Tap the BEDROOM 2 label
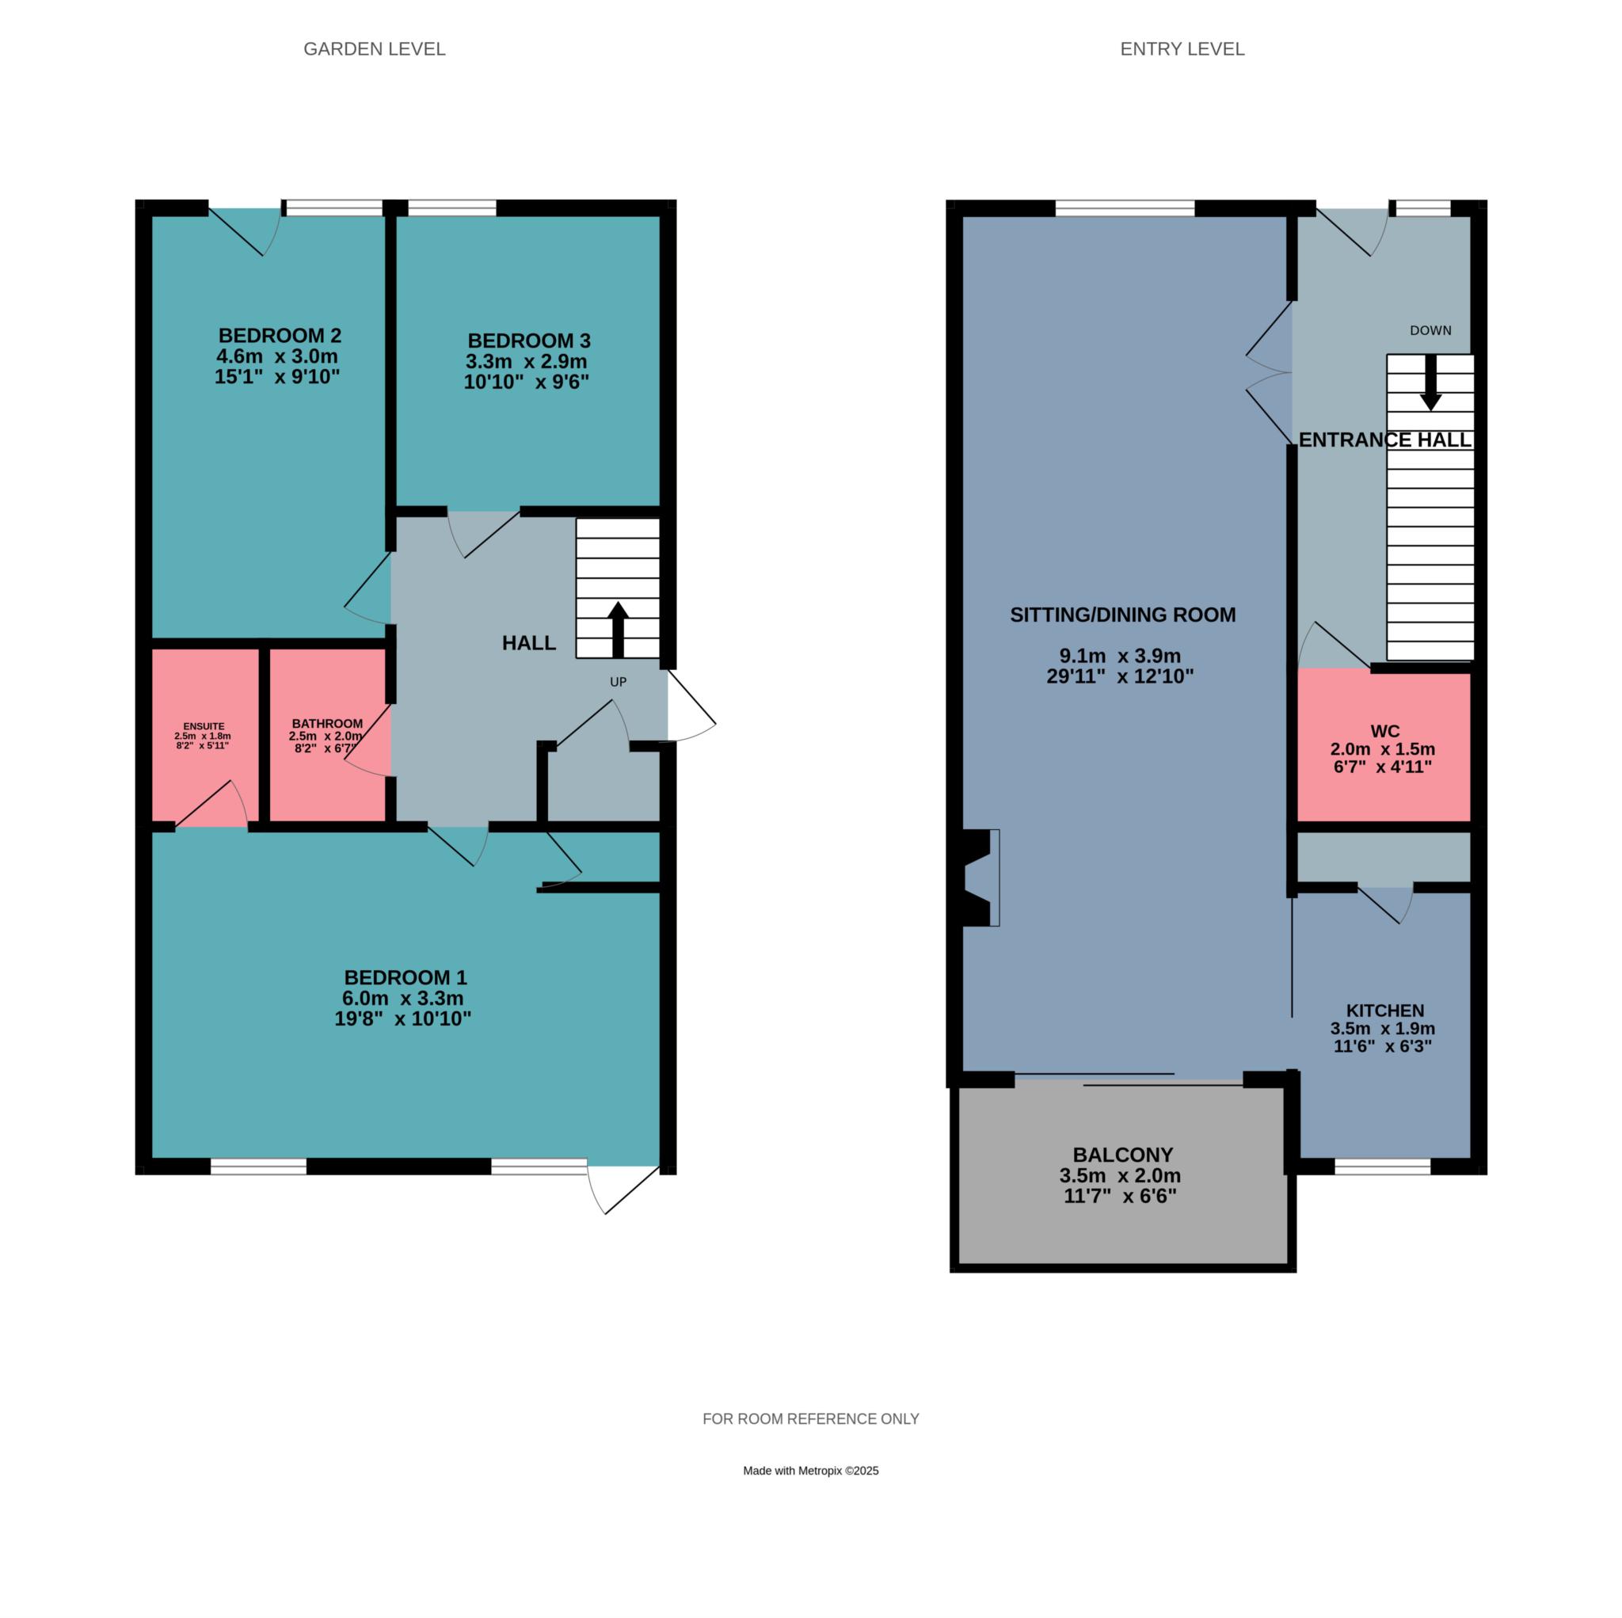[x=280, y=336]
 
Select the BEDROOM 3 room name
[x=529, y=341]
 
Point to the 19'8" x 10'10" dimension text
[x=402, y=1019]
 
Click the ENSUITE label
[x=204, y=726]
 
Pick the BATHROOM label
[x=327, y=724]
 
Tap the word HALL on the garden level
[x=529, y=643]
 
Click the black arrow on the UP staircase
[x=618, y=630]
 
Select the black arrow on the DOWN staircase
[x=1430, y=383]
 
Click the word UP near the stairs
[x=618, y=682]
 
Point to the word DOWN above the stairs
[x=1430, y=331]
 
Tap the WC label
[x=1384, y=731]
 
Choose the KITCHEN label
[x=1385, y=1011]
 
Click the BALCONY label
[x=1122, y=1155]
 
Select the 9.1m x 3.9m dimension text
[x=1120, y=657]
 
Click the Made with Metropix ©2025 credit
[x=811, y=1470]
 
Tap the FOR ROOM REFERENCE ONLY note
[x=811, y=1419]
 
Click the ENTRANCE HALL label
[x=1385, y=440]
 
